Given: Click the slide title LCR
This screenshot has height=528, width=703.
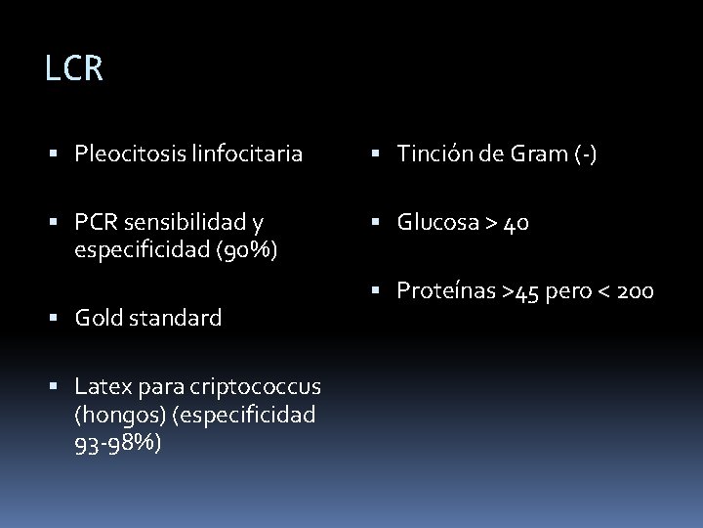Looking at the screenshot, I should pos(74,69).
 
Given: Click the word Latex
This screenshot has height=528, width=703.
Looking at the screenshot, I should pos(100,387).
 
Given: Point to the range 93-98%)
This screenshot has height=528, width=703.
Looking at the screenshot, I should pos(118,442).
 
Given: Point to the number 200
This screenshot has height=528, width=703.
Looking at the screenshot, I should pos(634,291).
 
